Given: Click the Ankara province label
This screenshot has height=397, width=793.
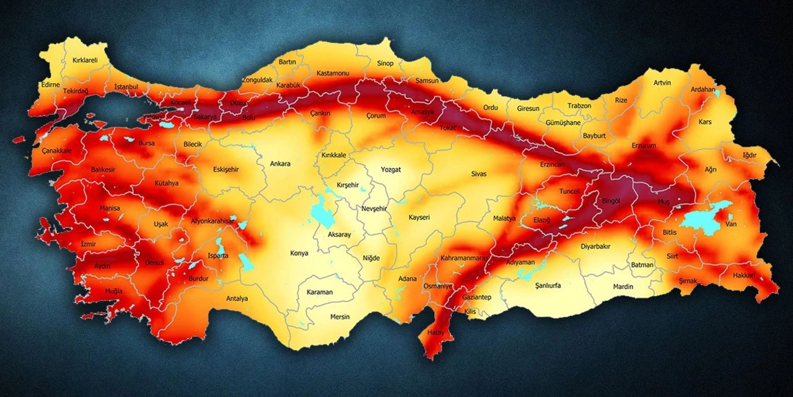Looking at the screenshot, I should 280,164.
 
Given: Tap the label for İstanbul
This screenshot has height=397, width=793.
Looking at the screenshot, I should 126,87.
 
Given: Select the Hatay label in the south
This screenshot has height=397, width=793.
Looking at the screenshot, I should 434,332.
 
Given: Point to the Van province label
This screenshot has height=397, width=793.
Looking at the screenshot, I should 731,225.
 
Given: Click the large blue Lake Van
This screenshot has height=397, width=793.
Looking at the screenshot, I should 703,218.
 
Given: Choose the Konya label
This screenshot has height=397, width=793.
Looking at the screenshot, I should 299,253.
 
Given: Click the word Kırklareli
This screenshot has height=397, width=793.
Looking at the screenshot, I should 85,60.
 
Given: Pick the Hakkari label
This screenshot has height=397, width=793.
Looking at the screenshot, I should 743,275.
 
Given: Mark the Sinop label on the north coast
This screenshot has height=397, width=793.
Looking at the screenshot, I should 385,63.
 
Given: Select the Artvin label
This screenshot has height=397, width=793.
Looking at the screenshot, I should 662,83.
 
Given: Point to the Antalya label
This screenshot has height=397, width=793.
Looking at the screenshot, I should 237,298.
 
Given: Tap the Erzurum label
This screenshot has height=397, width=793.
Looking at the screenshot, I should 643,146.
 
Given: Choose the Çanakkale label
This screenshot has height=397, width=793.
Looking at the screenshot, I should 57,151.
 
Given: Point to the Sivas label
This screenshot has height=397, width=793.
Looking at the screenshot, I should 479,174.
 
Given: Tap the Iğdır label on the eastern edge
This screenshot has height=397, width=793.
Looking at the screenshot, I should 749,154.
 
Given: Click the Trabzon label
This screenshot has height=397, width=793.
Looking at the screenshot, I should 579,106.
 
